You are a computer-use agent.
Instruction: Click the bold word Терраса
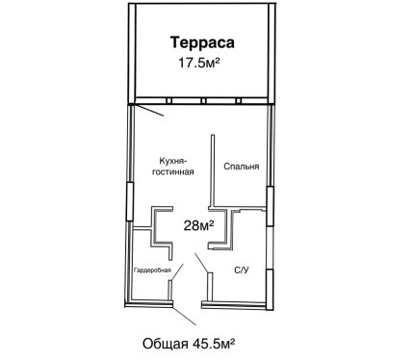tap(202, 42)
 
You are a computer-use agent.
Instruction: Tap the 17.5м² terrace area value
tap(199, 63)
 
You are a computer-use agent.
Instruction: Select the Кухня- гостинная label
tap(173, 166)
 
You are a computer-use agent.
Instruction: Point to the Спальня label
tap(242, 167)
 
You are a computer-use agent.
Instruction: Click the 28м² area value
tap(198, 225)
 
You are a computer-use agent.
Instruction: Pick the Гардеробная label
tap(152, 270)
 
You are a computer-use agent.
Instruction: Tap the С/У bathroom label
tap(242, 270)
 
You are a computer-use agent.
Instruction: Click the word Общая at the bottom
tap(166, 344)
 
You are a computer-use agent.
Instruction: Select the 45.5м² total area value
tap(214, 344)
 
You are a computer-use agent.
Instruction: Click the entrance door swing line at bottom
tap(185, 316)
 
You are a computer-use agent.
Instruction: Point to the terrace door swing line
tap(149, 110)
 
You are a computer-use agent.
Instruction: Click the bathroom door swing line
tap(201, 263)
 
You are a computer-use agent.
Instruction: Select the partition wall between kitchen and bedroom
tap(213, 170)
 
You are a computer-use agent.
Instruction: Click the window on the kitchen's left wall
tap(129, 201)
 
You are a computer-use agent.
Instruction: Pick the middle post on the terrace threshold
tap(203, 101)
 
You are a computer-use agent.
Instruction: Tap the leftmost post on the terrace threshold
tap(169, 101)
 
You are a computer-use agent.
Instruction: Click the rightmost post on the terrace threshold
tap(238, 101)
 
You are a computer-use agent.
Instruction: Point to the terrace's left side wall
tap(132, 53)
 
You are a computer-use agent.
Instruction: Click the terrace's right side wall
tap(272, 53)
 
